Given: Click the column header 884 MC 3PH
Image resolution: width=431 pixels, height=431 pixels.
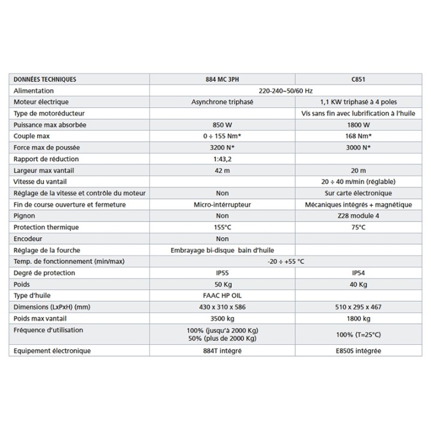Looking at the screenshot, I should click(223, 79).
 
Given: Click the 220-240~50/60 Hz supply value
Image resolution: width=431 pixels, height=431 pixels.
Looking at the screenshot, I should click(286, 90).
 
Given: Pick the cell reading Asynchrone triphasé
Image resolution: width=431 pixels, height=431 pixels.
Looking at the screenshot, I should click(223, 102).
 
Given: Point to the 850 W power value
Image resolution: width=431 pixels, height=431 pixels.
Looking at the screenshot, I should click(223, 125).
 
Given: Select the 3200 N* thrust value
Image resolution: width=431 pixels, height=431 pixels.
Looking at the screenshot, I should click(223, 147).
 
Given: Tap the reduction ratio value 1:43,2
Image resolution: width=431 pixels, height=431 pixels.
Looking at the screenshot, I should click(223, 159).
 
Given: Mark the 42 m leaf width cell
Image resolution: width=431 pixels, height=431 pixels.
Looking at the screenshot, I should click(223, 170).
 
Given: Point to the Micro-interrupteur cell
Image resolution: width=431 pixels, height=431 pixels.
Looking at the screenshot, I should click(223, 204).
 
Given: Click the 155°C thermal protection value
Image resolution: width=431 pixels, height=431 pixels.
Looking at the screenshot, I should click(223, 227).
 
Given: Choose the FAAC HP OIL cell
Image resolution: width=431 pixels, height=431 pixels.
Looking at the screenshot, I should click(223, 296).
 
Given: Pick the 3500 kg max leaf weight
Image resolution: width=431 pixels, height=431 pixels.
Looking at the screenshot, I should click(223, 318).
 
